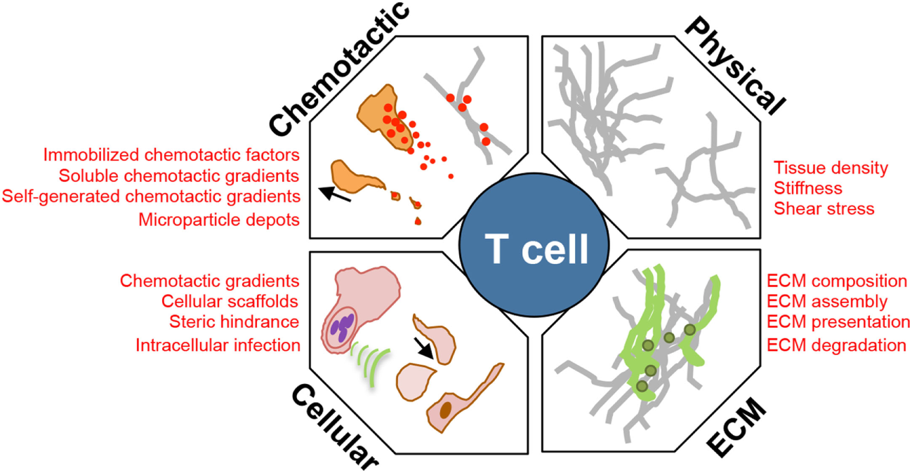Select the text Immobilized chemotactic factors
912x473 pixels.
[171, 154]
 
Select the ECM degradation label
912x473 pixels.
[836, 345]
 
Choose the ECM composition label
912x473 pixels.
[838, 281]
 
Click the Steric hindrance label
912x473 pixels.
[234, 322]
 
